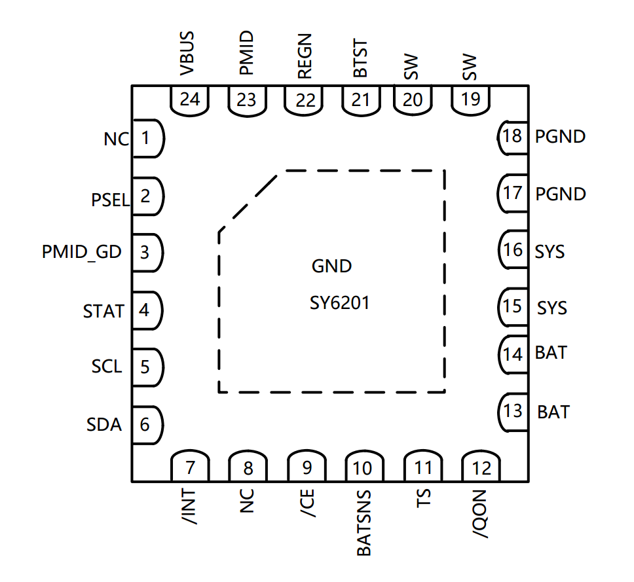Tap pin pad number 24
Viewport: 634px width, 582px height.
[190, 100]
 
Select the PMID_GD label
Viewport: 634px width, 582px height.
[82, 251]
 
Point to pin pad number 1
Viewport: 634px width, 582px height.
[147, 138]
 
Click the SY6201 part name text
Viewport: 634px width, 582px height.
[340, 304]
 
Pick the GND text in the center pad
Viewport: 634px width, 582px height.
[331, 266]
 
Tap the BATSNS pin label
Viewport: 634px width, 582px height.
[364, 523]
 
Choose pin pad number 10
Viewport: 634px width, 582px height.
[362, 467]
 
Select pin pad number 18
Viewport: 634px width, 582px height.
[513, 137]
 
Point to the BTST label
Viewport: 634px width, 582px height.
[360, 60]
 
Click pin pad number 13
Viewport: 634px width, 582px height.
[513, 411]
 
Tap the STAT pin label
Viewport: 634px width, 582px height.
[103, 311]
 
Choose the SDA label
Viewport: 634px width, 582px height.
[104, 425]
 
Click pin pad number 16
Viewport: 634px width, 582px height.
[513, 250]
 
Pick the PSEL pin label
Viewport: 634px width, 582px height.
[111, 200]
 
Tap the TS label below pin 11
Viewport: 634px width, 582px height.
[424, 501]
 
